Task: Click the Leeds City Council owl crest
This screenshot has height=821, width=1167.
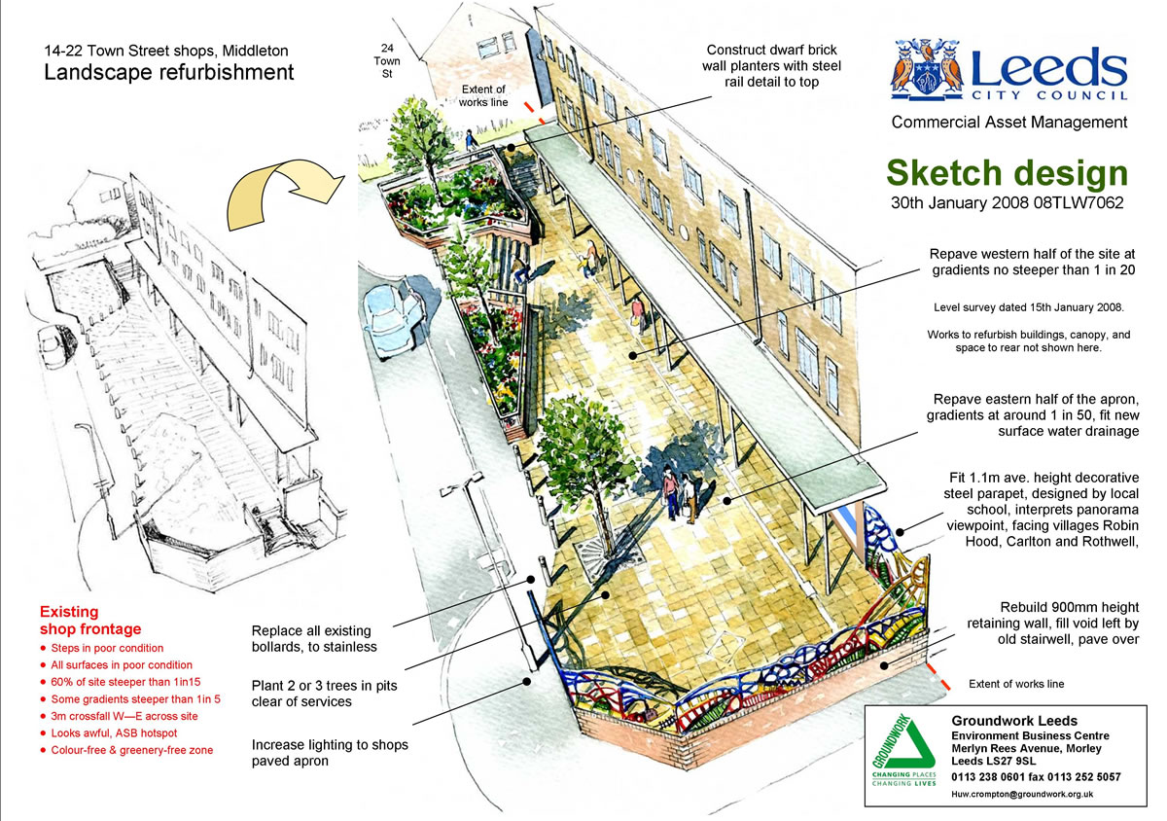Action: click(926, 69)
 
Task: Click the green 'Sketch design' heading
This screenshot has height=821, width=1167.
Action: click(1008, 173)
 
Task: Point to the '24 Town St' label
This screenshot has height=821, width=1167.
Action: click(387, 61)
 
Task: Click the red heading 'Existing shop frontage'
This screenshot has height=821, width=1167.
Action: click(90, 620)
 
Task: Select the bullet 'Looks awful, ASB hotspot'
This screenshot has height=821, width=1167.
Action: click(114, 732)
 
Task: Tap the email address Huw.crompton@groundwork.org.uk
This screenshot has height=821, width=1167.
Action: click(1022, 794)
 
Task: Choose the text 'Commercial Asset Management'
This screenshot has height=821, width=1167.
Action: click(1009, 122)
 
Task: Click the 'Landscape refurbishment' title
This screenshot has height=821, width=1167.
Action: click(169, 72)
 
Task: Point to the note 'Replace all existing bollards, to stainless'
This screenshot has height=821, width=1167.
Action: click(314, 638)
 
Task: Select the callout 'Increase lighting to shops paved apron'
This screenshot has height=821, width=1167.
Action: click(330, 753)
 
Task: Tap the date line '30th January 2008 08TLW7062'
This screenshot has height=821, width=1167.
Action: click(1008, 202)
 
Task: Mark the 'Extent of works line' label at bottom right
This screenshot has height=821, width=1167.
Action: click(1016, 684)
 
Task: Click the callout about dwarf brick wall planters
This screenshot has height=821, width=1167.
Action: click(771, 66)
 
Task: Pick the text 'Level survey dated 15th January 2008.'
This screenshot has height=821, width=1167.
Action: click(1029, 307)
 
